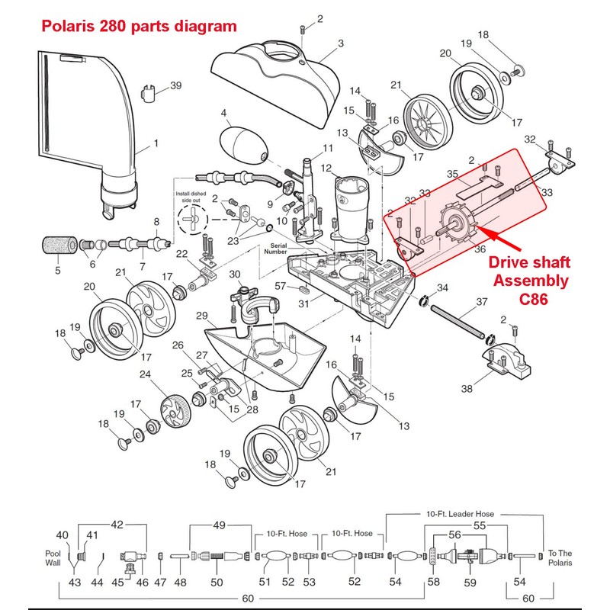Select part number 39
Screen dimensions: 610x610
coord(176,85)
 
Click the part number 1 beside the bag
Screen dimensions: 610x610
coord(156,142)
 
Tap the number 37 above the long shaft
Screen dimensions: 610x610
coord(481,302)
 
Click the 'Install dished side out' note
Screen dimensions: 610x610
coord(192,197)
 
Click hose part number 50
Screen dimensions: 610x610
coord(217,583)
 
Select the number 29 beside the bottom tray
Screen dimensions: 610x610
coord(201,316)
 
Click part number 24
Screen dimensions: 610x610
coord(143,374)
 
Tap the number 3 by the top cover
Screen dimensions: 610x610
coord(341,42)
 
